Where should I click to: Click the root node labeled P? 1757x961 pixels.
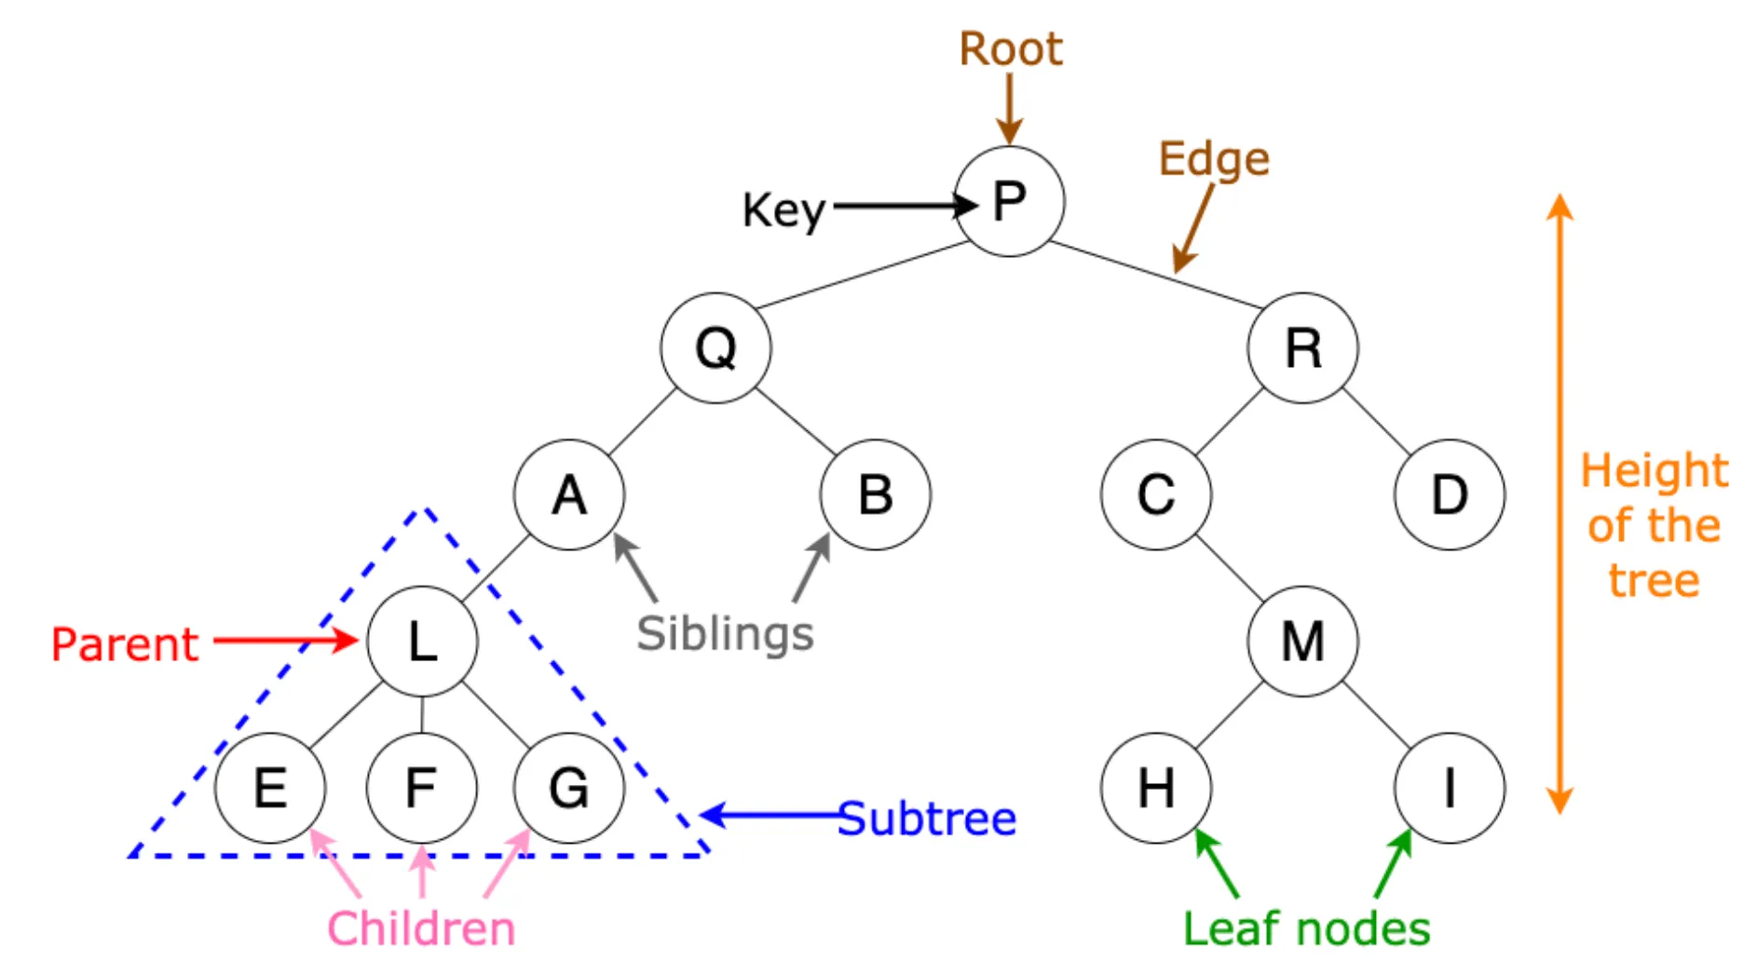[1010, 201]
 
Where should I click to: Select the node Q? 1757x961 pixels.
[715, 348]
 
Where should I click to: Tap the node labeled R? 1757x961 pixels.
[1303, 348]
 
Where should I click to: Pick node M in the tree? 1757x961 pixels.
[1303, 642]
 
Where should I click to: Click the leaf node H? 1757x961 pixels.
[1156, 788]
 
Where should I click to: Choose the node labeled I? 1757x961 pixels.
[1450, 788]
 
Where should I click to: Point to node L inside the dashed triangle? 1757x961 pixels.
[422, 642]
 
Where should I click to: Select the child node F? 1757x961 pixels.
[422, 788]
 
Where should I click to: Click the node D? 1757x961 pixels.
[1450, 494]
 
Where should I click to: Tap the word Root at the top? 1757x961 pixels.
[1011, 48]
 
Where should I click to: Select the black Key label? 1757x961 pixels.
[784, 211]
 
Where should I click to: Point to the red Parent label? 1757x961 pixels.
[125, 644]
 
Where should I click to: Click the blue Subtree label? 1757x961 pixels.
[927, 819]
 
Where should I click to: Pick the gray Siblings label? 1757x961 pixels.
[725, 635]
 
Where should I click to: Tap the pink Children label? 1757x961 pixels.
[421, 928]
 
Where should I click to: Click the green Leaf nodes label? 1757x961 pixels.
[1306, 928]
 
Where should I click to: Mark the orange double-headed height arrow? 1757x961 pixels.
[1560, 504]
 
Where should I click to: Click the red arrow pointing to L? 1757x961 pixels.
[285, 641]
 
